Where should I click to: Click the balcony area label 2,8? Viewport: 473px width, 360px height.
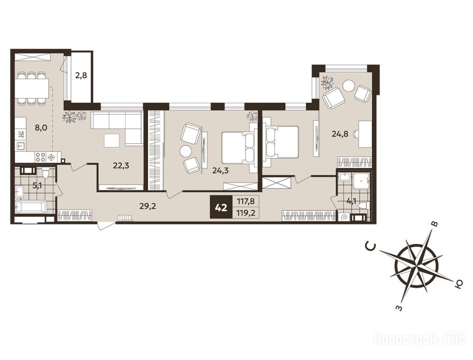click(81, 75)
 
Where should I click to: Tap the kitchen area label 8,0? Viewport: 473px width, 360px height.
click(41, 127)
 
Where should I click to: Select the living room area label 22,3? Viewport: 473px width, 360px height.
click(121, 165)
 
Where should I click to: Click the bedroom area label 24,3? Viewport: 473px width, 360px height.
click(220, 171)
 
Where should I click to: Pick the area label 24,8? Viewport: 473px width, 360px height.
click(340, 134)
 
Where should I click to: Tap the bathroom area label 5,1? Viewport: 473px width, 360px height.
click(38, 186)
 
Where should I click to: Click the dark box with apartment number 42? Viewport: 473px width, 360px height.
click(221, 208)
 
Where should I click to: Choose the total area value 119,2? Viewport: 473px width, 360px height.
click(246, 213)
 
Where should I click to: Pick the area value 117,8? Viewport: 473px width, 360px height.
click(246, 201)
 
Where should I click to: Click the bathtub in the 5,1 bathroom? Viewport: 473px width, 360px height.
click(31, 208)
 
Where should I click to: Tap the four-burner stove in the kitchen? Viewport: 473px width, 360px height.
click(40, 157)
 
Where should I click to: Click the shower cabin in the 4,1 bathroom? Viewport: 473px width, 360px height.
click(360, 182)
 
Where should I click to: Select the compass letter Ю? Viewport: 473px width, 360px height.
click(458, 284)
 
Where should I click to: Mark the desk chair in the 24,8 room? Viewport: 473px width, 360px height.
click(357, 134)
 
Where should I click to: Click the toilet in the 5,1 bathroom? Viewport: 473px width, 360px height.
click(45, 173)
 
